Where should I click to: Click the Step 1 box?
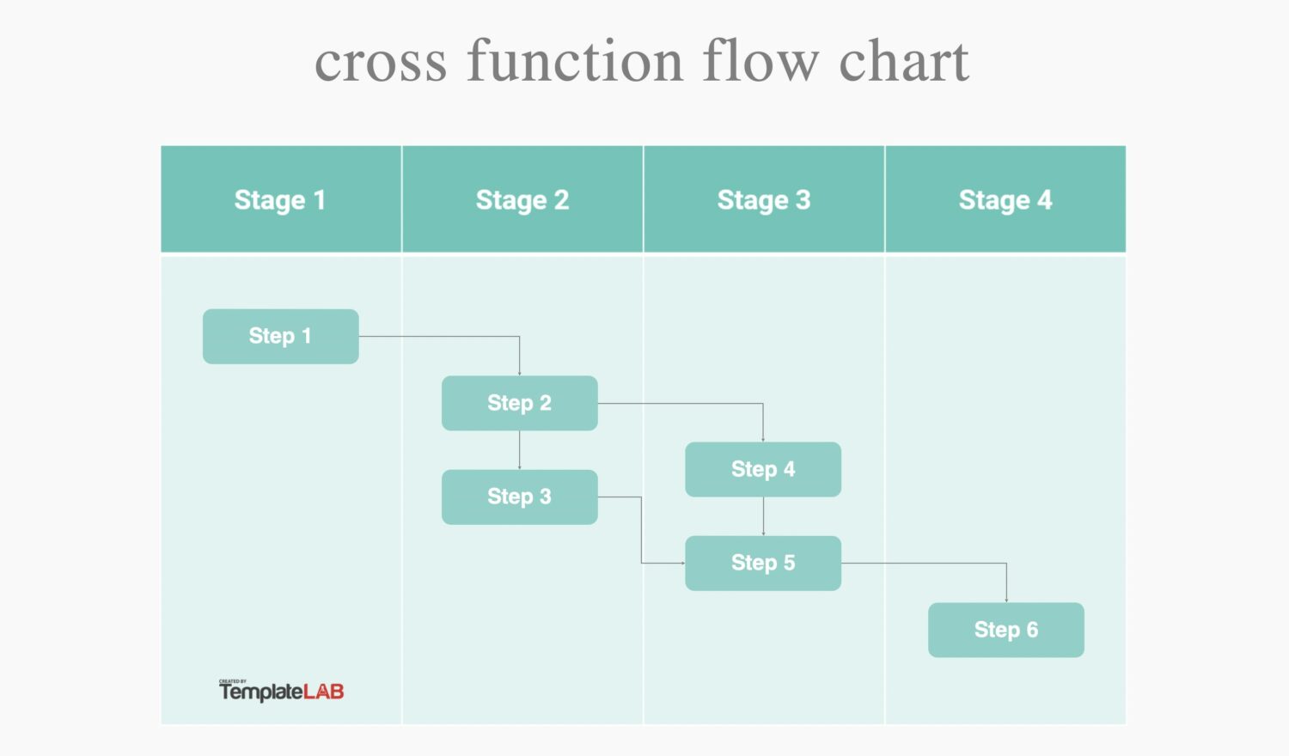[x=280, y=336]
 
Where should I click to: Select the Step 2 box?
[x=519, y=403]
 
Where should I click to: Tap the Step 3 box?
[x=519, y=497]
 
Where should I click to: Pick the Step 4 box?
[x=762, y=469]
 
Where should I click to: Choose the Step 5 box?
[x=762, y=563]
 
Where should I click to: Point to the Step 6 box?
[x=1005, y=630]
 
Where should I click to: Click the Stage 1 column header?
[x=280, y=199]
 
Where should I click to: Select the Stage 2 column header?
[x=522, y=199]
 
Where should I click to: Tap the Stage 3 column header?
[x=764, y=199]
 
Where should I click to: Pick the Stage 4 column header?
[x=1005, y=199]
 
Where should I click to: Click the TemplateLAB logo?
[x=281, y=691]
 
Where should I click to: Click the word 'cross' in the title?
[x=381, y=63]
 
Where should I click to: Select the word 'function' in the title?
[x=575, y=63]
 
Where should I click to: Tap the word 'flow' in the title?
[x=761, y=63]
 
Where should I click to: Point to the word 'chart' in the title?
[x=904, y=63]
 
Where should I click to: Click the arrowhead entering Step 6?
[x=1006, y=600]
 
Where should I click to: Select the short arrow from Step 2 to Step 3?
[x=519, y=450]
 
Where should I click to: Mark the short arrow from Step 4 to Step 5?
[x=763, y=516]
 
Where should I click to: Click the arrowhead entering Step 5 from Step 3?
[x=681, y=563]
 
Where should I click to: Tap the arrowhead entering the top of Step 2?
[x=519, y=373]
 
